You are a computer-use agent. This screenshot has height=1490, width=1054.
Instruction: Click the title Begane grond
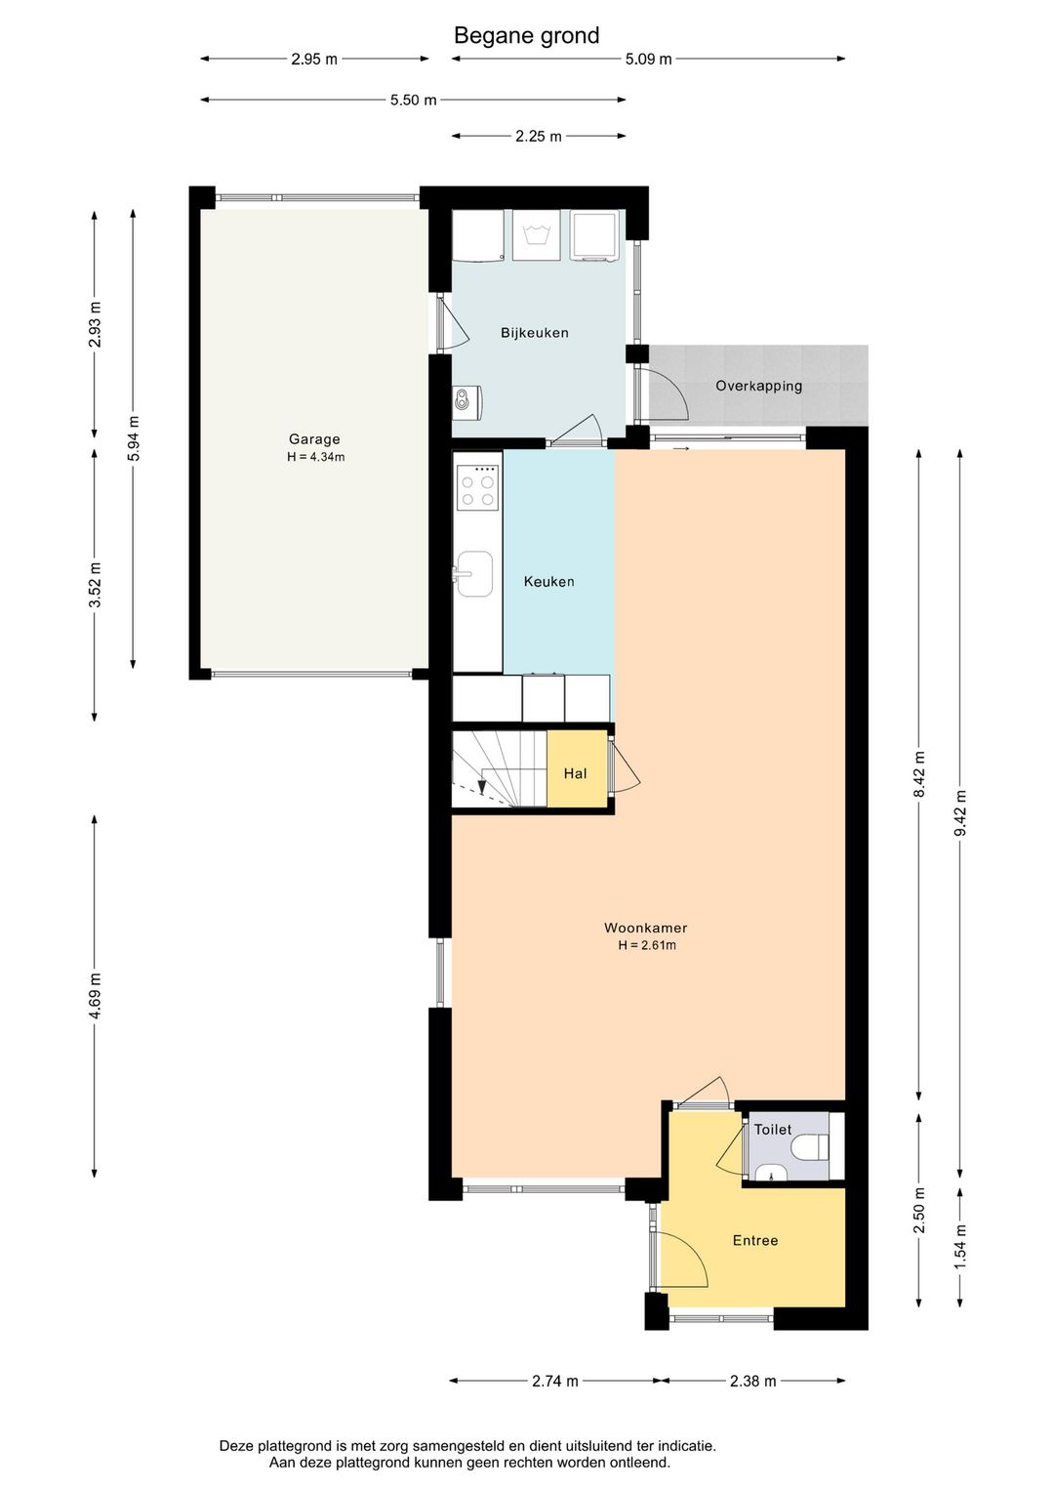click(x=526, y=36)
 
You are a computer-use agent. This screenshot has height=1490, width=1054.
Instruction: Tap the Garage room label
click(x=314, y=439)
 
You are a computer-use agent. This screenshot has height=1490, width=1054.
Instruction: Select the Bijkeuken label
click(x=535, y=333)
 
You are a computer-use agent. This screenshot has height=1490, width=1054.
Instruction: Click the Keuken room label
click(x=548, y=581)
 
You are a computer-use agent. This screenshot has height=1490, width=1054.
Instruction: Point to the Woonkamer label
click(x=646, y=928)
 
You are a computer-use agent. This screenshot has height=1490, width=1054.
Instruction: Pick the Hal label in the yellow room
click(x=575, y=773)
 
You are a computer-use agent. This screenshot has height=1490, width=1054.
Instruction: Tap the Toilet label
click(x=773, y=1129)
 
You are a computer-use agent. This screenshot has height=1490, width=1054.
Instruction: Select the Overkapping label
click(x=758, y=386)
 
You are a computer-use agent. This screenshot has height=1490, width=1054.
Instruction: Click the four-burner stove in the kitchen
click(x=478, y=487)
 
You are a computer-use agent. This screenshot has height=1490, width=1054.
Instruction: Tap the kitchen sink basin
click(x=475, y=573)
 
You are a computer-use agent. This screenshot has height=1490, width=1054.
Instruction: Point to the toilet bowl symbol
click(x=814, y=1146)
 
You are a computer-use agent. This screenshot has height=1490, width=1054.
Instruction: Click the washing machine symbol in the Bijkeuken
click(x=537, y=234)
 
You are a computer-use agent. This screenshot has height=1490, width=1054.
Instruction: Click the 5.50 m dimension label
click(x=413, y=101)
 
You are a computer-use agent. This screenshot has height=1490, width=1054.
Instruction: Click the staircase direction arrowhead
click(x=482, y=787)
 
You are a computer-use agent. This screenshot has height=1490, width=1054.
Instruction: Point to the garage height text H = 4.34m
click(x=316, y=457)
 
